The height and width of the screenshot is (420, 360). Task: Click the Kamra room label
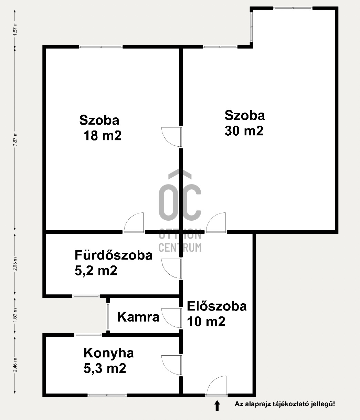click(x=138, y=317)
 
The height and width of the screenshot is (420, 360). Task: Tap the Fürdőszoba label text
click(x=113, y=255)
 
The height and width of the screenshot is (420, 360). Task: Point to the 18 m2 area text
click(x=102, y=135)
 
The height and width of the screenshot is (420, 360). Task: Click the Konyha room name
click(x=108, y=353)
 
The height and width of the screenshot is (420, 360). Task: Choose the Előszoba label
click(x=216, y=306)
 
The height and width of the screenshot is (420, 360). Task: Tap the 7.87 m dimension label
click(x=14, y=139)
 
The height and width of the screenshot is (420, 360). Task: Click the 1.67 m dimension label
click(x=14, y=28)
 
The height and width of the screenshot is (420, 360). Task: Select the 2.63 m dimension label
click(x=14, y=264)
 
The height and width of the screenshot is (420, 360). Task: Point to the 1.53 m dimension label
click(x=14, y=315)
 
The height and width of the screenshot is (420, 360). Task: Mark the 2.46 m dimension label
click(x=14, y=364)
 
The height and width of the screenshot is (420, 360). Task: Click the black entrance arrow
click(x=217, y=405)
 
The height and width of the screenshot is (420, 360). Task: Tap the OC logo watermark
click(x=180, y=200)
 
